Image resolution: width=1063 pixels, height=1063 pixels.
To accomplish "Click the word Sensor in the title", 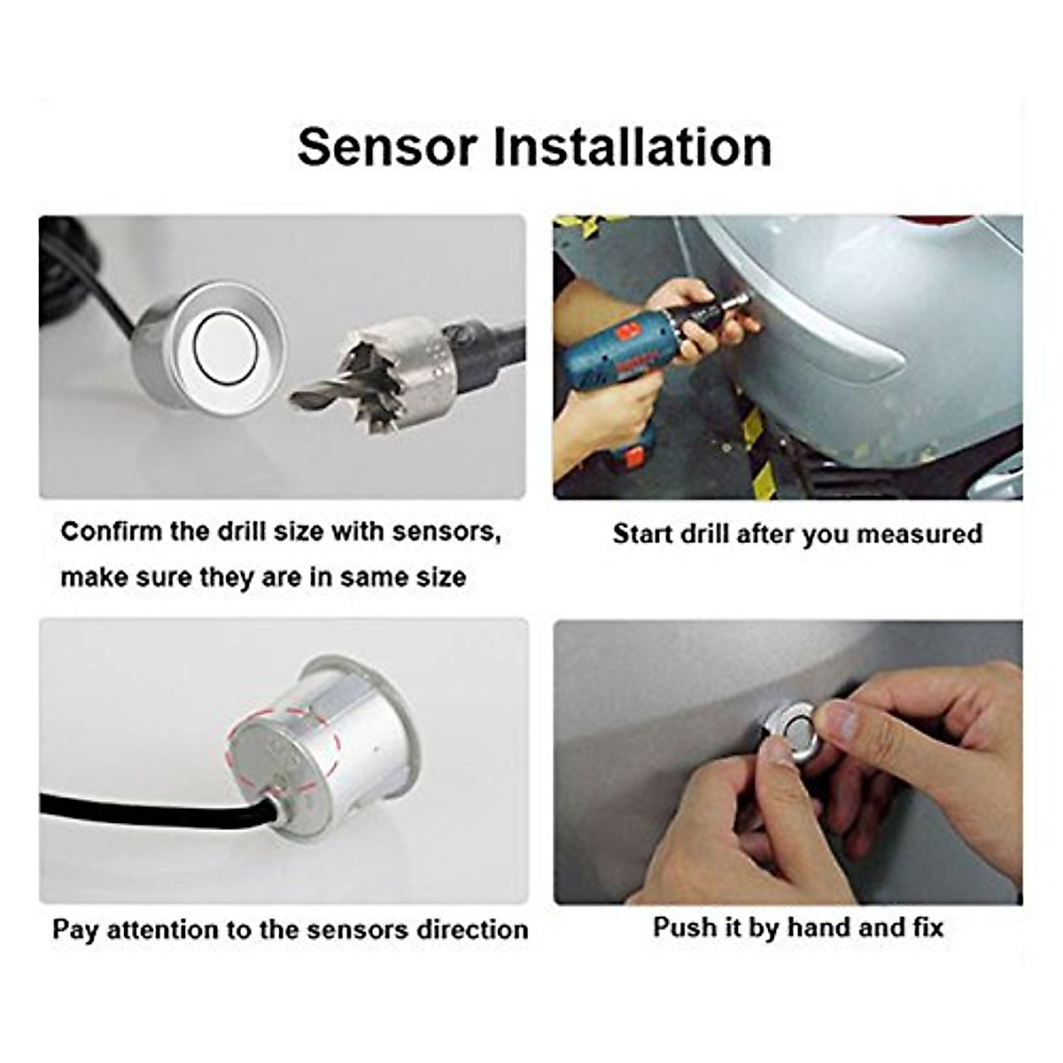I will point(388,147).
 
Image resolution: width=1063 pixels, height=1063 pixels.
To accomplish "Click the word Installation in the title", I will point(632,147).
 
